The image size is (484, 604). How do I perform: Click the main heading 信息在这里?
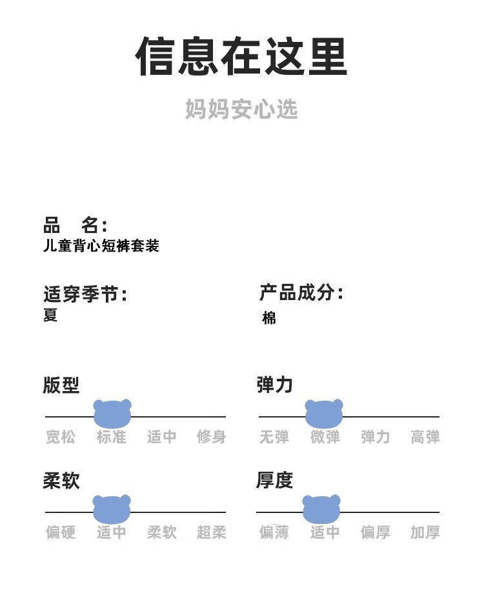[241, 57]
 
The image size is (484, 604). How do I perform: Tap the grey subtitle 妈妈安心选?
[241, 109]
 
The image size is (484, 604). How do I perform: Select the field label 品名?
[75, 225]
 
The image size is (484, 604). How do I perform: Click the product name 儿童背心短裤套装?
[101, 246]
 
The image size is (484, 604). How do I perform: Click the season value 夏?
[50, 315]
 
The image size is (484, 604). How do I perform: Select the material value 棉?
[269, 317]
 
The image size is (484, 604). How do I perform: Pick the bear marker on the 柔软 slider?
[112, 508]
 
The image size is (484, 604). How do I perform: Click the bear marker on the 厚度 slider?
[321, 508]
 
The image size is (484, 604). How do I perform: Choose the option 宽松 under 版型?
[61, 437]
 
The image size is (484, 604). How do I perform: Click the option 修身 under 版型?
[212, 437]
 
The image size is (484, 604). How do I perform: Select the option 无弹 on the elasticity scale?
[274, 437]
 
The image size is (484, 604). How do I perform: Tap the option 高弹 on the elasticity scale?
[425, 437]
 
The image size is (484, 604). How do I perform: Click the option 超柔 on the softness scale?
[212, 532]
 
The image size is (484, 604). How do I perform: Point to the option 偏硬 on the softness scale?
[61, 532]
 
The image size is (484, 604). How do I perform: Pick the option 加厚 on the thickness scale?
[425, 532]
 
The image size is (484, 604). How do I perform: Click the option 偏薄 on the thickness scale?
[274, 532]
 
